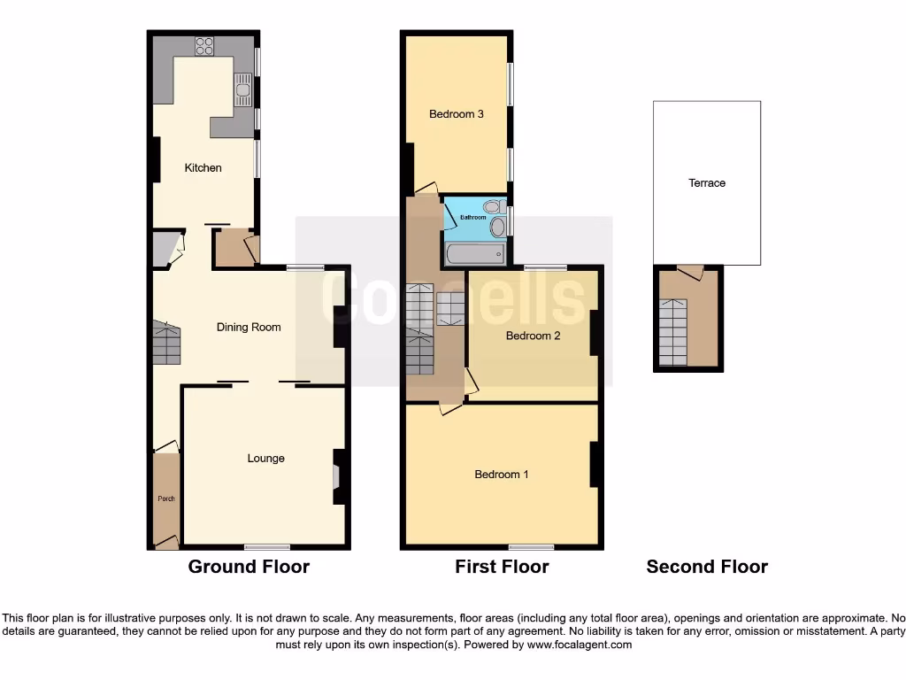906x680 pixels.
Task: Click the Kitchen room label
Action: [x=203, y=168]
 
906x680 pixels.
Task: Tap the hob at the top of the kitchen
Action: [x=204, y=45]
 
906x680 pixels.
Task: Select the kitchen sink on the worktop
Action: [x=242, y=89]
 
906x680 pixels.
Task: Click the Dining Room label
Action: [x=249, y=327]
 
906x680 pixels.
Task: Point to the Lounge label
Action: [x=265, y=459]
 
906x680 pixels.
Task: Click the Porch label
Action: [x=166, y=498]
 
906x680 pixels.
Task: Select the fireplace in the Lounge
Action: [x=336, y=477]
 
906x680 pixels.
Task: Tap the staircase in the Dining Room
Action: [x=165, y=344]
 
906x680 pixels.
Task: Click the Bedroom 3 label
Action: [x=456, y=114]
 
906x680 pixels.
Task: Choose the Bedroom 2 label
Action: [x=534, y=336]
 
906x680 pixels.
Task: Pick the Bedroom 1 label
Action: [x=502, y=475]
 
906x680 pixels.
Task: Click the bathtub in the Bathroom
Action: [x=476, y=254]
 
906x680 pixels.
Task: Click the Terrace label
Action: [x=707, y=183]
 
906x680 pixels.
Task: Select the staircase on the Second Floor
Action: [x=673, y=332]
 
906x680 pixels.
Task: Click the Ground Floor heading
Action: [x=249, y=567]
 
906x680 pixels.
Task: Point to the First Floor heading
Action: [x=502, y=567]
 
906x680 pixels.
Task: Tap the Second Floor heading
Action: [x=707, y=567]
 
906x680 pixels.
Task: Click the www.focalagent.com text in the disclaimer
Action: [x=580, y=645]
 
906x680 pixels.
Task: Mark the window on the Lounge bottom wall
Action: [x=267, y=546]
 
